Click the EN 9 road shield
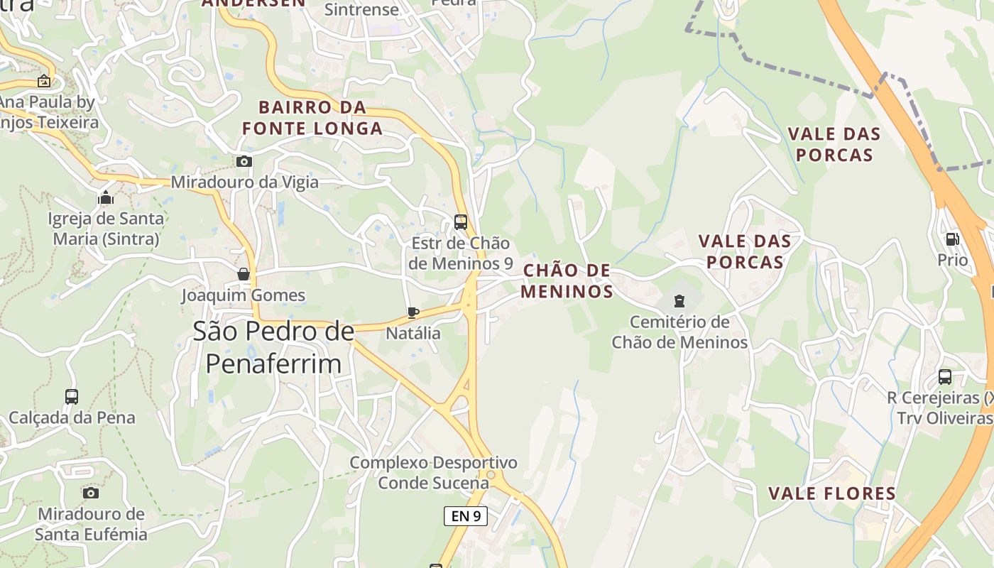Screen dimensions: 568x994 coord(466,516)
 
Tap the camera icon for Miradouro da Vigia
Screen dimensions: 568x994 coord(244,162)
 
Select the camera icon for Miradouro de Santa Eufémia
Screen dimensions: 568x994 coord(90,493)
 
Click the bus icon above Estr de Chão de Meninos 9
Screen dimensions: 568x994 coord(460,222)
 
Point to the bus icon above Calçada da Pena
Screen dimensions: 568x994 coord(72,396)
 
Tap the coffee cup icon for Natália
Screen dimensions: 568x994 coord(413,312)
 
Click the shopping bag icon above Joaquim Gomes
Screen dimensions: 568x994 coord(244,274)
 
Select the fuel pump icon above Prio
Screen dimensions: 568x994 coord(952,239)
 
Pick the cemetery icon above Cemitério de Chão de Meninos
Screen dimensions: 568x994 coord(679,301)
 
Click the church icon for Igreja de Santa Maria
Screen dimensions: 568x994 coord(106,197)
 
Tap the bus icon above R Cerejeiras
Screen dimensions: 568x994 coord(944,376)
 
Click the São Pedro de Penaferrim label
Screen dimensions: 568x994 coord(273,347)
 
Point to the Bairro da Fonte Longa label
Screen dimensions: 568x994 coord(312,118)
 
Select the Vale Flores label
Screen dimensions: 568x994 coord(832,493)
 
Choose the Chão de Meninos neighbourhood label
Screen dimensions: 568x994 coord(567,280)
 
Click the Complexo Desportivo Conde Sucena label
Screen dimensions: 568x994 coord(433,473)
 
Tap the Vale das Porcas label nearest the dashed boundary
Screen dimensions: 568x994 coord(834,144)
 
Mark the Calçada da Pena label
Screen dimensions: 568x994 coord(72,417)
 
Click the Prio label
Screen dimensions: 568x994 coord(952,260)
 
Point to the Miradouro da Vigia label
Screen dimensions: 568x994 coord(245,182)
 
